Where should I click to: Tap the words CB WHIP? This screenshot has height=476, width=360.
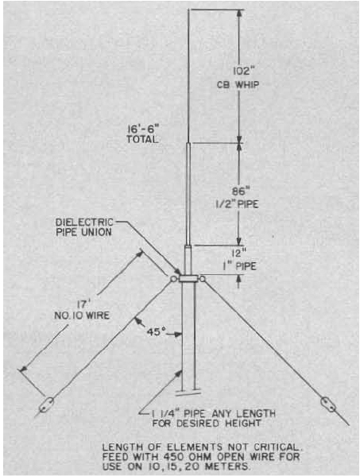[238, 85]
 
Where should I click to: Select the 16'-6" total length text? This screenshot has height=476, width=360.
[143, 134]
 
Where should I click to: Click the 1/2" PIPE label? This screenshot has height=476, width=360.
[237, 204]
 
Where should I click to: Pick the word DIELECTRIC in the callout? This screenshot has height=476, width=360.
[84, 222]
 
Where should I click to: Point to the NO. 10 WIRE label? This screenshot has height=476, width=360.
[82, 315]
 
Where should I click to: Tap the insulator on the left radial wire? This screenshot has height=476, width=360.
[46, 405]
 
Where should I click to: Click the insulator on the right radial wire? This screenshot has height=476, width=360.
[328, 404]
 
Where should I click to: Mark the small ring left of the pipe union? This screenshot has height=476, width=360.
[173, 279]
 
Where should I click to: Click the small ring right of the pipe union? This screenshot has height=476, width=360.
[202, 278]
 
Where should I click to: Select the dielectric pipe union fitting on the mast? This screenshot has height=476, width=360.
[188, 279]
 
